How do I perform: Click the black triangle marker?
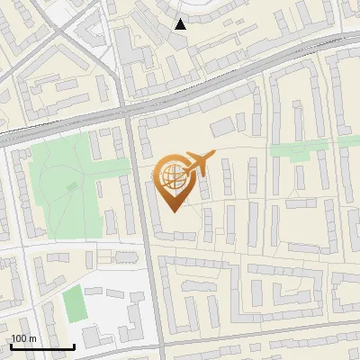tap(181, 24)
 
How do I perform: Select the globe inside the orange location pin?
tap(172, 175)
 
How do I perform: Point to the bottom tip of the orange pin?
tap(173, 211)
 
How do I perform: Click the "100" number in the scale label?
tap(20, 338)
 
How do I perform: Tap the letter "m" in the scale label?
tap(32, 338)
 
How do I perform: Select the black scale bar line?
tap(41, 346)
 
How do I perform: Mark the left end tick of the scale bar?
tap(10, 344)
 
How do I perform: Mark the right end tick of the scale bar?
tap(74, 344)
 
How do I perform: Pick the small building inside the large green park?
tap(72, 187)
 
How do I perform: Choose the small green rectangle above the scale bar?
tap(74, 303)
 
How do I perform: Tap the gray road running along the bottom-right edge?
tap(270, 345)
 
